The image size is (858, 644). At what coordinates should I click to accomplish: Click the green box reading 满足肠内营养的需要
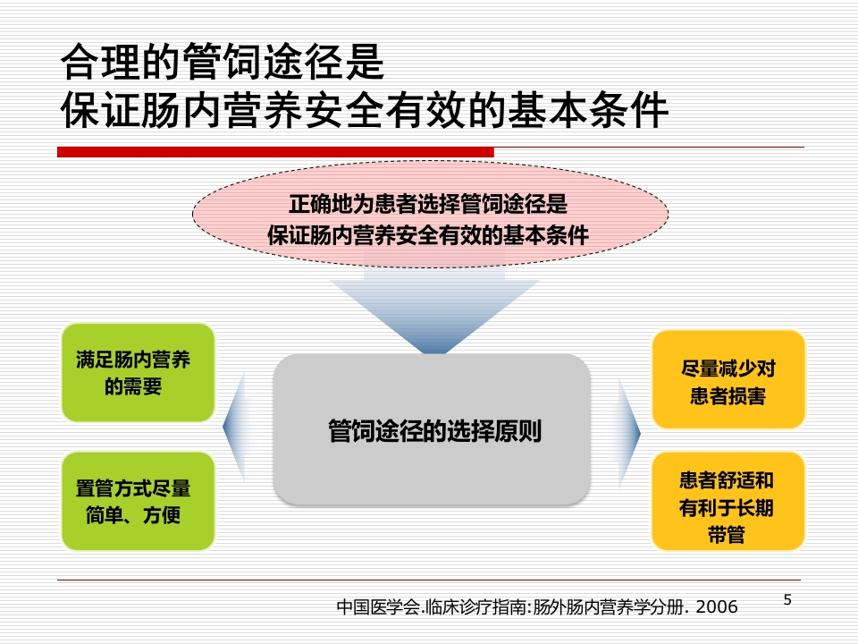click(x=138, y=372)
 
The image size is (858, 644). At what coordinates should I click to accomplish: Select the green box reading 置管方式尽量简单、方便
click(x=138, y=501)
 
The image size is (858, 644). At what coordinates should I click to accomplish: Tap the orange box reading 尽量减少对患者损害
click(x=728, y=379)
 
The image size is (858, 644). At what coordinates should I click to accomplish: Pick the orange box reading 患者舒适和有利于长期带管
click(x=728, y=501)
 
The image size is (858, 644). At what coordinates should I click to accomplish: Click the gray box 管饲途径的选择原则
click(x=432, y=429)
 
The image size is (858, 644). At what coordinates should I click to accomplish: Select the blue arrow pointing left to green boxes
click(x=233, y=428)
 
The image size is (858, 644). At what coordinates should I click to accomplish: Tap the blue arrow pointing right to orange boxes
click(x=629, y=433)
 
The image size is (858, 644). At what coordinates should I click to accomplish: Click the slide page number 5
click(x=787, y=599)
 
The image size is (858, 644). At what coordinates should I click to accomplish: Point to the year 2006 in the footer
click(x=717, y=606)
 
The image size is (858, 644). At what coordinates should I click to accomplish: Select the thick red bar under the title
click(x=276, y=152)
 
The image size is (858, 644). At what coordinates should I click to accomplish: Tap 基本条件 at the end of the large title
click(x=588, y=110)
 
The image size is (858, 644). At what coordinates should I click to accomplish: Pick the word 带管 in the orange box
click(x=727, y=534)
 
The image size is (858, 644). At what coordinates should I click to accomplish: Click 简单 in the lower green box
click(x=104, y=515)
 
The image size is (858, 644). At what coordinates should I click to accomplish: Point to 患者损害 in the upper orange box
click(x=728, y=395)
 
